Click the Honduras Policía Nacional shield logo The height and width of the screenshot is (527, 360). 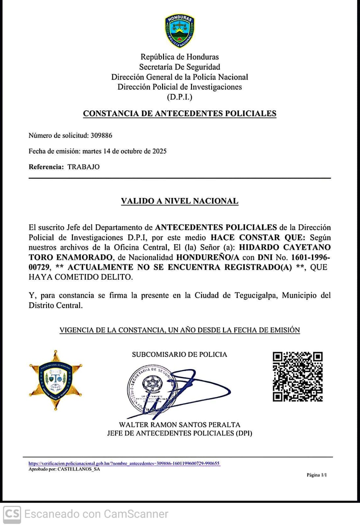pyautogui.click(x=180, y=31)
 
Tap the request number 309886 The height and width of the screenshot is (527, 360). pyautogui.click(x=101, y=135)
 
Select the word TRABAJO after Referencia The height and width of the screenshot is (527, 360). pyautogui.click(x=83, y=167)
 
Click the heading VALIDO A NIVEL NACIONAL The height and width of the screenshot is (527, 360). pyautogui.click(x=180, y=201)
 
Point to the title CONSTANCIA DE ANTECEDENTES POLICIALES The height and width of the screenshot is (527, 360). pyautogui.click(x=180, y=113)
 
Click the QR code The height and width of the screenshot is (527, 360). pyautogui.click(x=297, y=376)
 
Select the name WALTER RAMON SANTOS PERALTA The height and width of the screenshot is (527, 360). pyautogui.click(x=180, y=425)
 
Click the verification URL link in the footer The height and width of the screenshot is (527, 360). pyautogui.click(x=124, y=463)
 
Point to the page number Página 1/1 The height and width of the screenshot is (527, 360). pyautogui.click(x=317, y=475)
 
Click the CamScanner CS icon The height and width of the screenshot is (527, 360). pyautogui.click(x=12, y=514)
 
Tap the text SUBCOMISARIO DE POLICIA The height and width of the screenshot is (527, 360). pyautogui.click(x=180, y=354)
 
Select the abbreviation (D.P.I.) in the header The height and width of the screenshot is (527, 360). pyautogui.click(x=180, y=97)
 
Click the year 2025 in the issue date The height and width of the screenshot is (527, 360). pyautogui.click(x=159, y=151)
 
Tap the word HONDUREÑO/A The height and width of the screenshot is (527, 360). pyautogui.click(x=208, y=257)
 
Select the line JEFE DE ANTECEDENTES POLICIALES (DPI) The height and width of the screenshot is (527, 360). pyautogui.click(x=180, y=433)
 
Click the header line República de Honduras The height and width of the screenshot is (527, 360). pyautogui.click(x=180, y=57)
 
